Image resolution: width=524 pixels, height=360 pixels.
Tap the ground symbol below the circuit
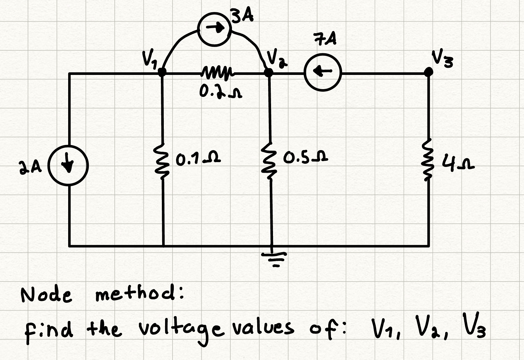click(x=273, y=258)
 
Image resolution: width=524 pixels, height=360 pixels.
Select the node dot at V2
click(x=268, y=72)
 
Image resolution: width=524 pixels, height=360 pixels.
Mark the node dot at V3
click(x=429, y=71)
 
